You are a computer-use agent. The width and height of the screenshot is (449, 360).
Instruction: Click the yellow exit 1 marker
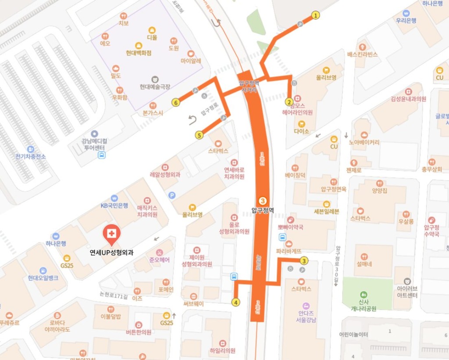315,16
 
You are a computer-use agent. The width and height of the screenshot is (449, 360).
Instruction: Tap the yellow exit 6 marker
176,103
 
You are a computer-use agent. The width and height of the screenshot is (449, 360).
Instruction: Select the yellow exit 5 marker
200,135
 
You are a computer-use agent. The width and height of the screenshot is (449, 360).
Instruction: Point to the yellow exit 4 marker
236,302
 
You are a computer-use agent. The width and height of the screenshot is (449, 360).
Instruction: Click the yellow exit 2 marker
289,102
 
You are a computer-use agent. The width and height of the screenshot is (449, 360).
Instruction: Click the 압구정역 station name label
263,210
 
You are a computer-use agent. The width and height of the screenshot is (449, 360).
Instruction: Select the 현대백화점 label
138,53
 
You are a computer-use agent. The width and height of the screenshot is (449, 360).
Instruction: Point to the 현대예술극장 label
155,87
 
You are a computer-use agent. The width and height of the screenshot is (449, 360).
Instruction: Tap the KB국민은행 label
114,205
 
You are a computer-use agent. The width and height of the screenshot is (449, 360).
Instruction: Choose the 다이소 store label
302,131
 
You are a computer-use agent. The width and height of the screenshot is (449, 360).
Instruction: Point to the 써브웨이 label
193,303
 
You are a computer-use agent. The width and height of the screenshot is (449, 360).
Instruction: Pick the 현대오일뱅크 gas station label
43,278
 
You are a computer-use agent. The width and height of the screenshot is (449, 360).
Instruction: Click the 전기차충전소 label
30,156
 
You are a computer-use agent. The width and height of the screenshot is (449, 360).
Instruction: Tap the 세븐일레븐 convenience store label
326,211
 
